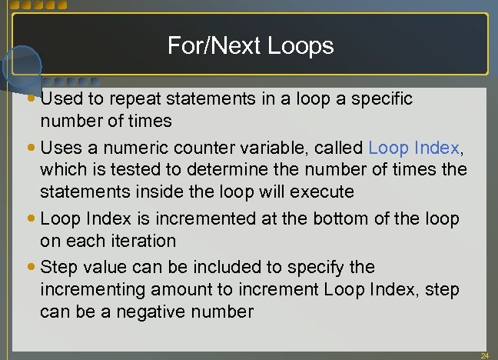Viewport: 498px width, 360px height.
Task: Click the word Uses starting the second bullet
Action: (x=58, y=148)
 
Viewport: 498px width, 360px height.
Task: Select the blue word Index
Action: (x=437, y=148)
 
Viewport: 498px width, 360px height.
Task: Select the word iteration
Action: (x=138, y=241)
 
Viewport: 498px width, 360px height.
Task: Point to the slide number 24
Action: (x=484, y=355)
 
